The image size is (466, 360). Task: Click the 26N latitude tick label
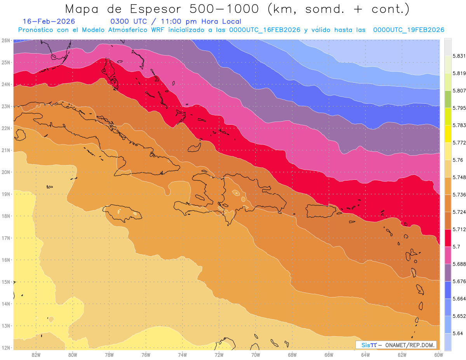pos(6,40)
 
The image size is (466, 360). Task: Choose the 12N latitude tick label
pos(6,348)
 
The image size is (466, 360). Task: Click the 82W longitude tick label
pos(36,355)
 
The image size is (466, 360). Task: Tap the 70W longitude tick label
pos(256,355)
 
